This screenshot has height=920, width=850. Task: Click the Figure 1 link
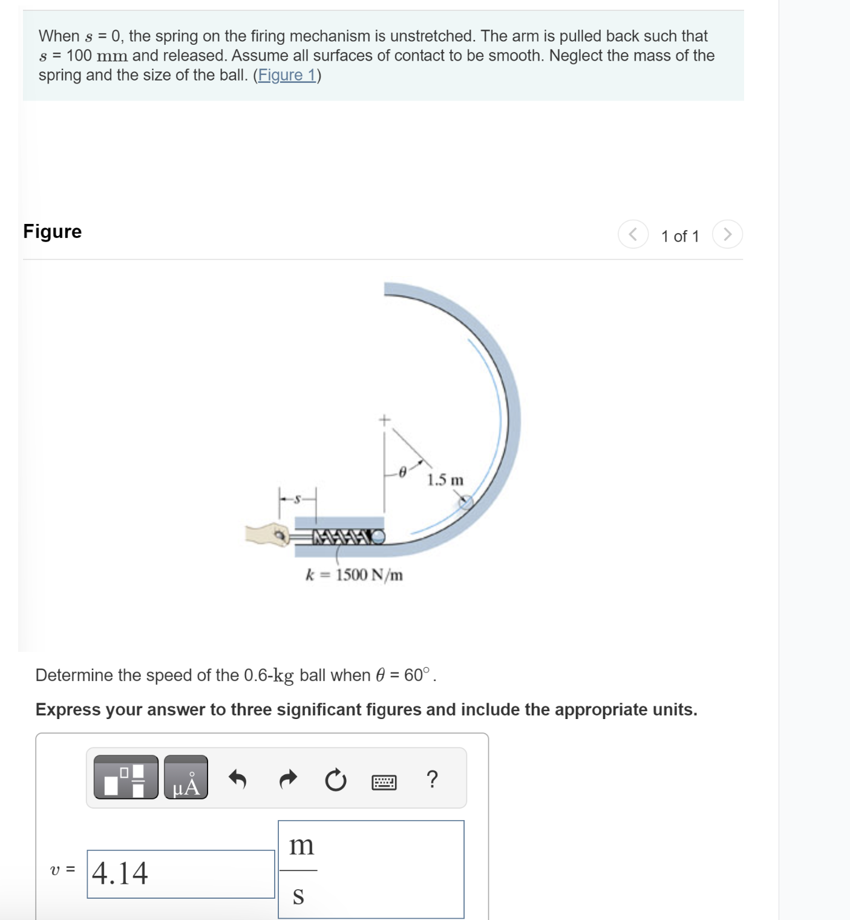[x=287, y=75]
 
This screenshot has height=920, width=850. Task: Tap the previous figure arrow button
[x=633, y=234]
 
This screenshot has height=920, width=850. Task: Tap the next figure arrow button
[x=727, y=234]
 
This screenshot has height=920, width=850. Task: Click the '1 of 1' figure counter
[x=679, y=236]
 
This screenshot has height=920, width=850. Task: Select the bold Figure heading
[x=52, y=231]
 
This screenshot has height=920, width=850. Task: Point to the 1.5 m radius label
[x=445, y=480]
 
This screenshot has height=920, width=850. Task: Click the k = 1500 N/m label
[x=354, y=574]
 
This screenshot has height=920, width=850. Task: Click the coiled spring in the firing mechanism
[x=342, y=537]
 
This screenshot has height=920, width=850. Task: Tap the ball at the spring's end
[x=378, y=537]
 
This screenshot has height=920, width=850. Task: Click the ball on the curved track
[x=465, y=502]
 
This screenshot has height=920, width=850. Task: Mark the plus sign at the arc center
[x=384, y=419]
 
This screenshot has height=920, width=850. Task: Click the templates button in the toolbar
[x=126, y=777]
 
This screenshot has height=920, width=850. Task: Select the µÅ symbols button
[x=186, y=777]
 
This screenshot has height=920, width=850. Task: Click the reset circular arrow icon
[x=336, y=780]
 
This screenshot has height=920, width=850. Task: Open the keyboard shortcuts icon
[x=384, y=782]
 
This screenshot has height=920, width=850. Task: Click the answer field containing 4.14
[x=180, y=873]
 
